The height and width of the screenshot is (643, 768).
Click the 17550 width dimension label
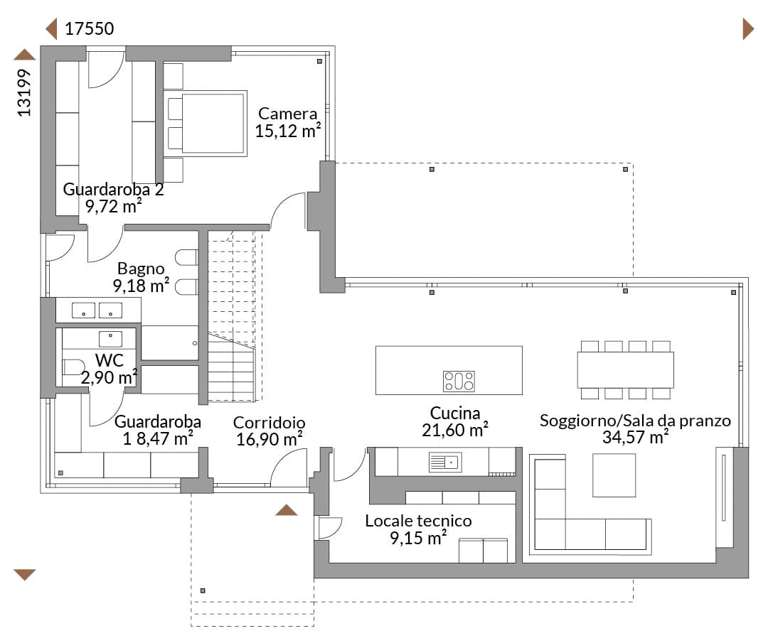89,29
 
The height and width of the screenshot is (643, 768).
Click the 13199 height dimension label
24,92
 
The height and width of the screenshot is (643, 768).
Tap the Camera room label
287,114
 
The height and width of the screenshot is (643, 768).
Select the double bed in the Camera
206,123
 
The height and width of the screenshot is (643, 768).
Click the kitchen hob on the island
459,382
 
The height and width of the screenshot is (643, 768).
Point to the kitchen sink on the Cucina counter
445,462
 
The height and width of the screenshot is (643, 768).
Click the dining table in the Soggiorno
626,370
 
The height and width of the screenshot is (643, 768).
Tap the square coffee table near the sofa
614,475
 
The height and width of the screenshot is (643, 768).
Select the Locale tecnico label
418,521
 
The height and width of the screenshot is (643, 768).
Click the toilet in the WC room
73,367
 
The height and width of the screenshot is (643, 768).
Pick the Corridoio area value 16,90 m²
269,439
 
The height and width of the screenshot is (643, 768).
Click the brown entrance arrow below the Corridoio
286,510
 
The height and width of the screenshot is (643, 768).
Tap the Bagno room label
141,269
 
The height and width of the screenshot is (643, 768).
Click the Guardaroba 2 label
113,190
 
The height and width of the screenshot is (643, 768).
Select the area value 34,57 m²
635,436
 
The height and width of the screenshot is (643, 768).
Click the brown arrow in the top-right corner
748,29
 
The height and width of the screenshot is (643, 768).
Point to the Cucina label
455,413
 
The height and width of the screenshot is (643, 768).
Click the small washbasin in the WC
111,339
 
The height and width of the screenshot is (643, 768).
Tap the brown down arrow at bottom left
24,575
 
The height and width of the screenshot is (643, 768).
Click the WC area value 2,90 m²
110,377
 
